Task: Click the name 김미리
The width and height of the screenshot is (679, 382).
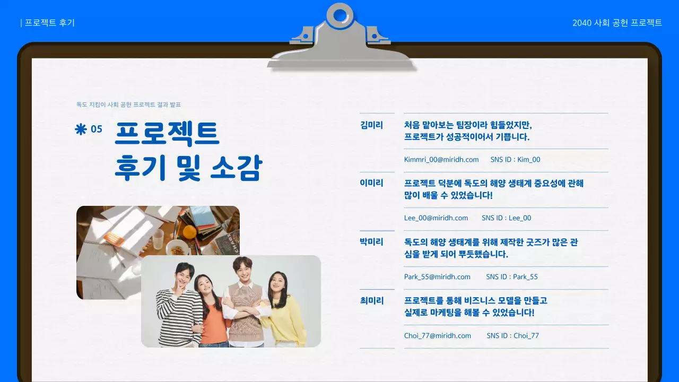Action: coord(371,126)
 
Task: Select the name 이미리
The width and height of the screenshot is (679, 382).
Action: coord(371,183)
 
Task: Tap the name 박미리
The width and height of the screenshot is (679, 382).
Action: coord(371,242)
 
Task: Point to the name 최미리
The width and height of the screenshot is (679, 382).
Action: coord(371,301)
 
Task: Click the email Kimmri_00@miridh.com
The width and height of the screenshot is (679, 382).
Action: coord(441,160)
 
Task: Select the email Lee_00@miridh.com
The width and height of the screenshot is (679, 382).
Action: coord(436,218)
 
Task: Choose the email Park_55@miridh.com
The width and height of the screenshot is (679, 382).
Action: coord(437,277)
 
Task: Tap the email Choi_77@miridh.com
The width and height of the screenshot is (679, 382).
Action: coord(438,336)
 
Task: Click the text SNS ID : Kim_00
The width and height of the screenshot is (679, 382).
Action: coord(515,160)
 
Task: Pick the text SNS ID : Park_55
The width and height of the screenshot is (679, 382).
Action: coord(512,277)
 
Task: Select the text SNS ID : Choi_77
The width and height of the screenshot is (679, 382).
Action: coord(512,336)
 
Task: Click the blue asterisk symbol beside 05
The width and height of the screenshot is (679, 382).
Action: coord(81,129)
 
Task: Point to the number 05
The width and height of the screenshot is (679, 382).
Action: coord(97,129)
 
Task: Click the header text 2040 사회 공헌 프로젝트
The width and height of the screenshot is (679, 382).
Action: coord(617,23)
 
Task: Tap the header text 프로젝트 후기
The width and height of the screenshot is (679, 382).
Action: coord(49,23)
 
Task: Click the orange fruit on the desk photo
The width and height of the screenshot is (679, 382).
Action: coord(190,232)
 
